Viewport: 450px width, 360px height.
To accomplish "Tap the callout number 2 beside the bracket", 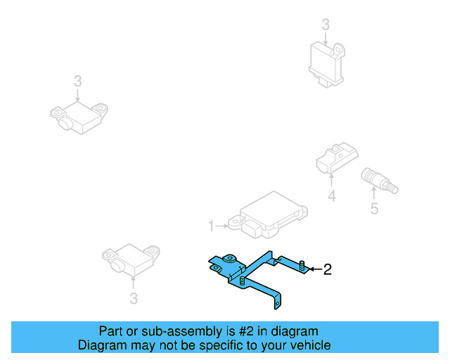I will point(326,269).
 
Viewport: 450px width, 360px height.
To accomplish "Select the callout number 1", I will point(210,226).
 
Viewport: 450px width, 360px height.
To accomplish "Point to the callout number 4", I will point(332,198).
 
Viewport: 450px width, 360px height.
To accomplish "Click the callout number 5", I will point(374,208).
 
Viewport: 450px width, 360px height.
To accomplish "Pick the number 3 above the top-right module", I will point(326,25).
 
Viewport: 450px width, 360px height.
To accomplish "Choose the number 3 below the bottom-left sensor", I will point(134,300).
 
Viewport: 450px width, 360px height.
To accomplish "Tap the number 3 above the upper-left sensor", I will point(77,82).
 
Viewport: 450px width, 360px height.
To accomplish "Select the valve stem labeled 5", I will point(378,180).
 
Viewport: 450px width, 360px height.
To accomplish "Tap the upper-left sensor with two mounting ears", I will point(77,118).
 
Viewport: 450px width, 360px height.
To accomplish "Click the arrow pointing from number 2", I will point(314,269).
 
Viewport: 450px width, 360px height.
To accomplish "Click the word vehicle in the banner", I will point(308,345).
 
